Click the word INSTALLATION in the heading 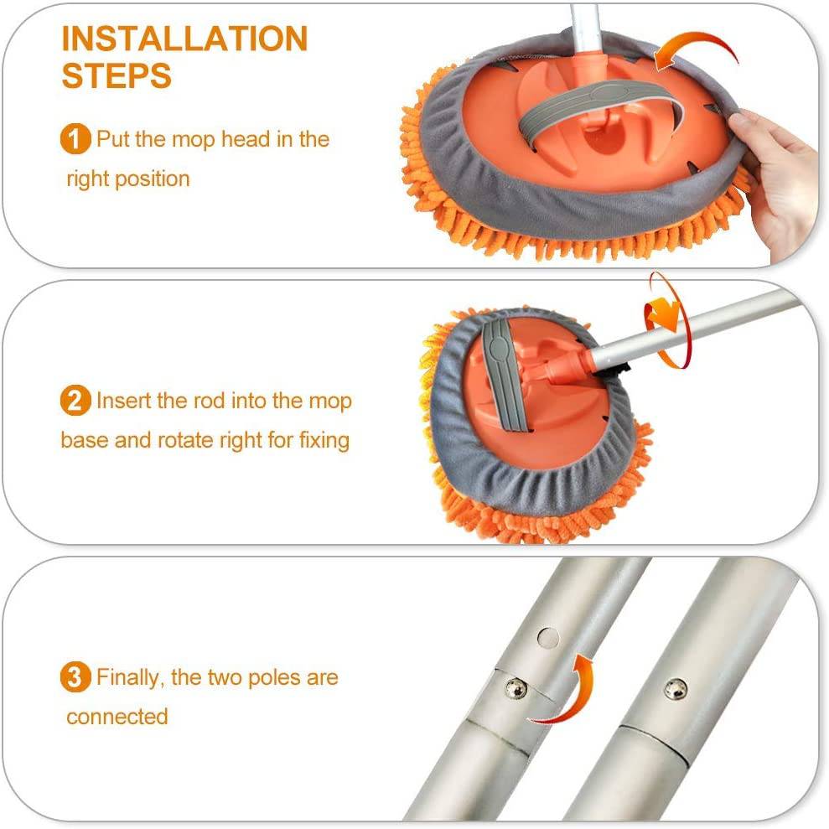[x=184, y=39]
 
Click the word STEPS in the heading [x=117, y=76]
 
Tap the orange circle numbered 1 [x=75, y=139]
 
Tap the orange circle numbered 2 [x=75, y=401]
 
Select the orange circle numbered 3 [x=75, y=677]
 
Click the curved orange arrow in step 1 [x=695, y=53]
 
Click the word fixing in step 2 [x=324, y=440]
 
